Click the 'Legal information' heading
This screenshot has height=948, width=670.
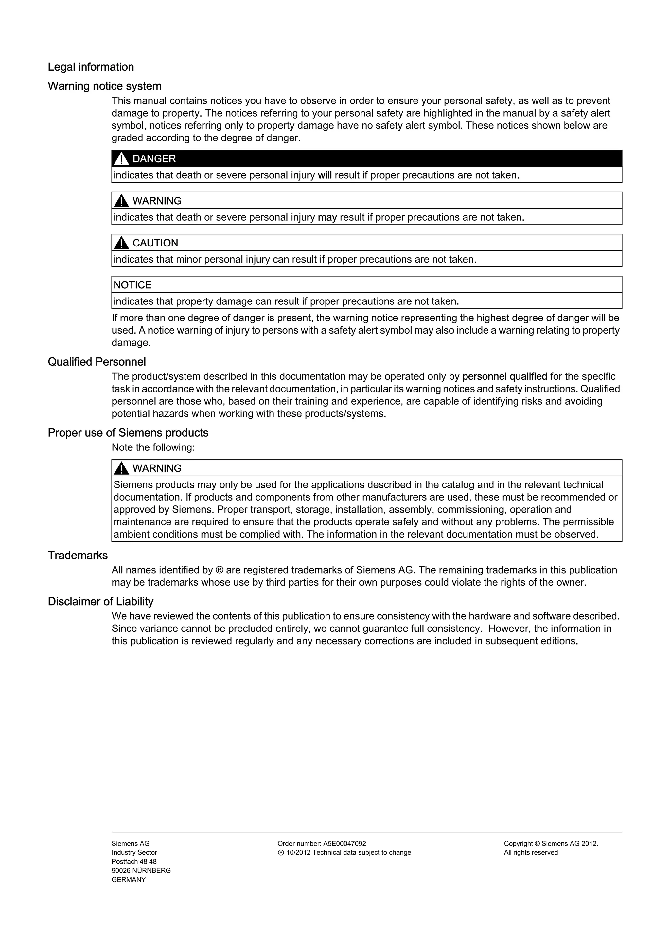[x=91, y=67]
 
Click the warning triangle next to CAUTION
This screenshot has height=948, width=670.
[x=121, y=243]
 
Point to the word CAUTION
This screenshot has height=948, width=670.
[x=155, y=243]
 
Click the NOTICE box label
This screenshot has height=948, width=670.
[x=132, y=285]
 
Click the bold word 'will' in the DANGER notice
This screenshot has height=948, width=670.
[x=325, y=175]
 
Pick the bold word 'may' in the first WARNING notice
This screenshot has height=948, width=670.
[x=327, y=217]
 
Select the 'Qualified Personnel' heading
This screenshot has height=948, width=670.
[x=97, y=362]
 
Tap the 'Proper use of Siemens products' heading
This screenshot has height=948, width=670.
[x=128, y=433]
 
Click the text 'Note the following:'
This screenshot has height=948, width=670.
[x=153, y=447]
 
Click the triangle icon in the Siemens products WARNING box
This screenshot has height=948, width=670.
[x=121, y=468]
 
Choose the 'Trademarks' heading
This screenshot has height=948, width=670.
[x=78, y=555]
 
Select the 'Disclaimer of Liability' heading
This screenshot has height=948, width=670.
[x=101, y=602]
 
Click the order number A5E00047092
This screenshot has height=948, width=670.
[x=344, y=844]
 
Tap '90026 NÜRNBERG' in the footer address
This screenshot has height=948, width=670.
[x=141, y=870]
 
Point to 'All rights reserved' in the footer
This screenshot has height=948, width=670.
[x=531, y=853]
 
